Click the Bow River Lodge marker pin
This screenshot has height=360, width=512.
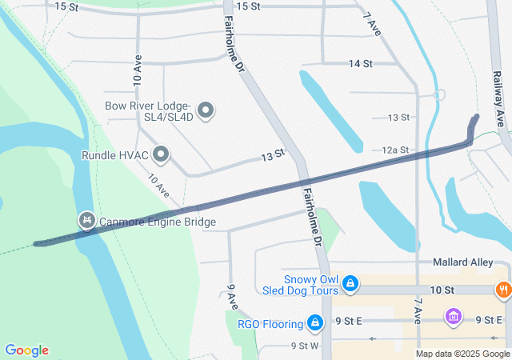(206, 110)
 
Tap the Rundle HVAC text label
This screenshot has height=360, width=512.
(115, 154)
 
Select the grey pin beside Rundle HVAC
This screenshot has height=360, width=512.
(162, 154)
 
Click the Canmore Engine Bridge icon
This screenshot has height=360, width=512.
(86, 219)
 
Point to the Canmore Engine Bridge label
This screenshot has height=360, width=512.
(158, 222)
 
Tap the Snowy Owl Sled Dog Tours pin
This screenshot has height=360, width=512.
(350, 283)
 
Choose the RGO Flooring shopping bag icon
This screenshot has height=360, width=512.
(316, 323)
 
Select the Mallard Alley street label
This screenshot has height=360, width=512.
(462, 262)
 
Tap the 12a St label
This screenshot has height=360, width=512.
(395, 150)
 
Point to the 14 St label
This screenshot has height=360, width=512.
(360, 63)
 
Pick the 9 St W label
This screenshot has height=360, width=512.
(304, 346)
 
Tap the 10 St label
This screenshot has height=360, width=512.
(441, 288)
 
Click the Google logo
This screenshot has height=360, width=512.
(26, 350)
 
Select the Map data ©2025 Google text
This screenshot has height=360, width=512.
(462, 354)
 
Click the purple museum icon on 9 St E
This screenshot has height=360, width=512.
(454, 318)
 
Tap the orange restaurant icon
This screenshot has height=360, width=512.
(504, 290)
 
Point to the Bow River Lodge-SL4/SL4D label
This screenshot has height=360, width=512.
(150, 111)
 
